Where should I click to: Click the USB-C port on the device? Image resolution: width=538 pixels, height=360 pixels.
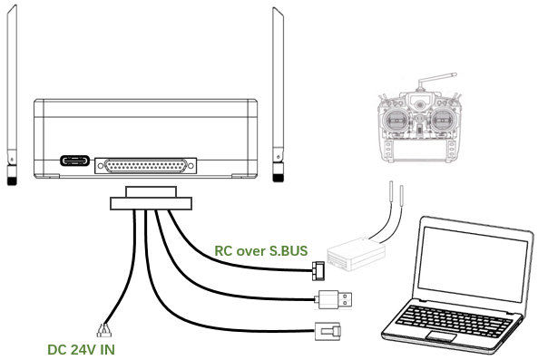point(74,161)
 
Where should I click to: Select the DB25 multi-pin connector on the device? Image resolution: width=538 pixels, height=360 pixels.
point(145,166)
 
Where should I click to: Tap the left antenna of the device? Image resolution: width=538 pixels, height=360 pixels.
point(12,95)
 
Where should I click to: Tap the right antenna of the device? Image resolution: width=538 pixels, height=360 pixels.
point(278,94)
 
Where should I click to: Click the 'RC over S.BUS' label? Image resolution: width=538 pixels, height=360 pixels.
point(260,250)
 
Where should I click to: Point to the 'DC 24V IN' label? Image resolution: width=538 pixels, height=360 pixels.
point(81,350)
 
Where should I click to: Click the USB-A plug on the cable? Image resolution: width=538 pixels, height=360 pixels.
point(334,299)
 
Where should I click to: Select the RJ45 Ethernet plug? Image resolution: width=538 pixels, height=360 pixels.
point(328,331)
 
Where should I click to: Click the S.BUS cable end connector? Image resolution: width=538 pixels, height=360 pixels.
point(318,271)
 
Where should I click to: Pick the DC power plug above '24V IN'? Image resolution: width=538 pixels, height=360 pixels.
point(103,330)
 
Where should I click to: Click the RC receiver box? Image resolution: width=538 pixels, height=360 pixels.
point(356,254)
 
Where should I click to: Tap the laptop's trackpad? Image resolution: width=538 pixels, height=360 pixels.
point(441,336)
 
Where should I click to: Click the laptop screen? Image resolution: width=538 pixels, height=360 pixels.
point(473,264)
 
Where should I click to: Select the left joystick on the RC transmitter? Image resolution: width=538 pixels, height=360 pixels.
point(397,121)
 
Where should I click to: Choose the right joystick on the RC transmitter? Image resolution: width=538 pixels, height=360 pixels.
point(442,121)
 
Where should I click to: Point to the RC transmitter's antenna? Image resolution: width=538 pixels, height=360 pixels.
point(435,79)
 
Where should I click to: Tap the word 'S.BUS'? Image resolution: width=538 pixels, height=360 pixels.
point(289,250)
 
